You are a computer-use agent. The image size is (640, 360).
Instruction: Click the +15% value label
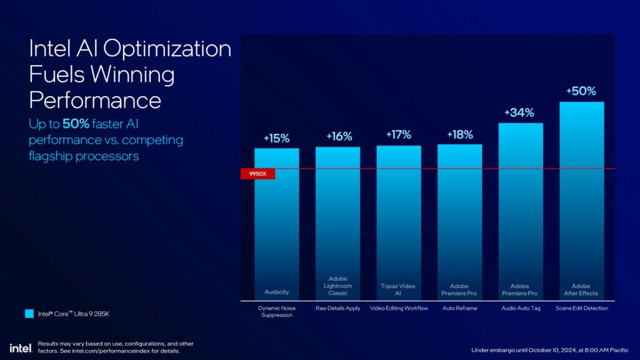point(276,139)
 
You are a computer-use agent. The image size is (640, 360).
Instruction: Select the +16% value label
point(337,137)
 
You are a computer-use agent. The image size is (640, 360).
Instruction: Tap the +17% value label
point(399,135)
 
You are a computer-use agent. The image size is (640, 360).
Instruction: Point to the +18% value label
point(460,134)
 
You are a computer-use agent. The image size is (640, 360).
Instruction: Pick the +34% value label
point(521,113)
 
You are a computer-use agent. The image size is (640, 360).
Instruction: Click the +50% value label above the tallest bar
point(581,91)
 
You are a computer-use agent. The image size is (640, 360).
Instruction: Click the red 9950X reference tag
point(257,174)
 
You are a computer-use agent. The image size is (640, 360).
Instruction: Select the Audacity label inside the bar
point(276,292)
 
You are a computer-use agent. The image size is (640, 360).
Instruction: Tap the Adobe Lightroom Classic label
point(337,286)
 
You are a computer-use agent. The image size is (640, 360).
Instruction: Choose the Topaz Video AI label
point(399,289)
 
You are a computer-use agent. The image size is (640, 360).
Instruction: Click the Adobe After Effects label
point(581,289)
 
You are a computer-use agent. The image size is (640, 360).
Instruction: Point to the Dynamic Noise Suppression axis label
point(276,311)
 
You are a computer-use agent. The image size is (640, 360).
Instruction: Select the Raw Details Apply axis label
point(337,308)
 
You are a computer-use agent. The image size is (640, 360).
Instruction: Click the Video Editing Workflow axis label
point(399,308)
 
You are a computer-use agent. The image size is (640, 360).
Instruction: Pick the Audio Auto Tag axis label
point(521,308)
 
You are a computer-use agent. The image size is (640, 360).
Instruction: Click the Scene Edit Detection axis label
point(581,308)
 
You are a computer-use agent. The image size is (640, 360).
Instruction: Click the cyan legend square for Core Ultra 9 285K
point(29,314)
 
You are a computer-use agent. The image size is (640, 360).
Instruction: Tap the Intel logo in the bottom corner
point(17,347)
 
